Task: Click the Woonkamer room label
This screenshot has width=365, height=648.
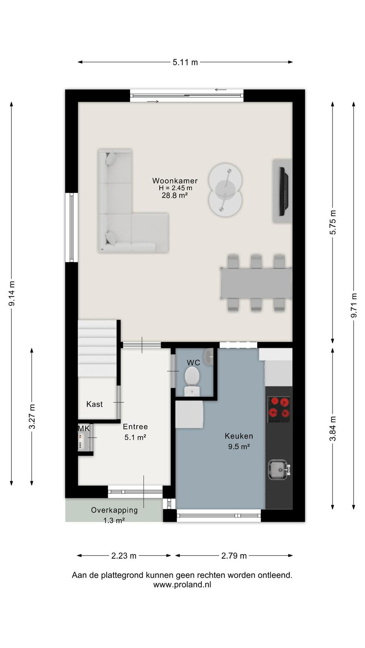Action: [x=175, y=181]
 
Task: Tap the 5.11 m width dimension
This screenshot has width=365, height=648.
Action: [x=185, y=62]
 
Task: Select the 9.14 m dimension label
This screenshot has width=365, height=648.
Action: [x=12, y=293]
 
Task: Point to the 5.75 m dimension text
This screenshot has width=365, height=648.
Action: [x=333, y=222]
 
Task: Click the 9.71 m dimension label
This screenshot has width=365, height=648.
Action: [x=354, y=305]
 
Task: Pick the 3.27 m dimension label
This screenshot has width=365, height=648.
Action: [x=32, y=417]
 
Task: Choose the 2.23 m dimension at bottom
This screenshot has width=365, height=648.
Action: [x=124, y=556]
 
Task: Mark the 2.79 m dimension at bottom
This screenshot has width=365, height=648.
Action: [x=234, y=556]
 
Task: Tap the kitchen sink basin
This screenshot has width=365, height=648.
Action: [x=278, y=469]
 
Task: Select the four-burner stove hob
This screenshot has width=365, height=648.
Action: [x=279, y=409]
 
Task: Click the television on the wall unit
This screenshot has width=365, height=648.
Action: [x=283, y=191]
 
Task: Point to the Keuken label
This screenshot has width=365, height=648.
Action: [x=239, y=436]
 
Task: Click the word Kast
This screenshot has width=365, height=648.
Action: [x=94, y=404]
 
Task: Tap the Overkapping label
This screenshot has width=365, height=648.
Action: [x=114, y=510]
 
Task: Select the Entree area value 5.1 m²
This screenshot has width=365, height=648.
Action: [x=135, y=437]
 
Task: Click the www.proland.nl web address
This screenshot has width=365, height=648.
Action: [x=182, y=585]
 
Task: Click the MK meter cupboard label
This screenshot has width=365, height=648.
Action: [x=84, y=428]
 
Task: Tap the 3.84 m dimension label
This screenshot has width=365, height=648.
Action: [x=333, y=428]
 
